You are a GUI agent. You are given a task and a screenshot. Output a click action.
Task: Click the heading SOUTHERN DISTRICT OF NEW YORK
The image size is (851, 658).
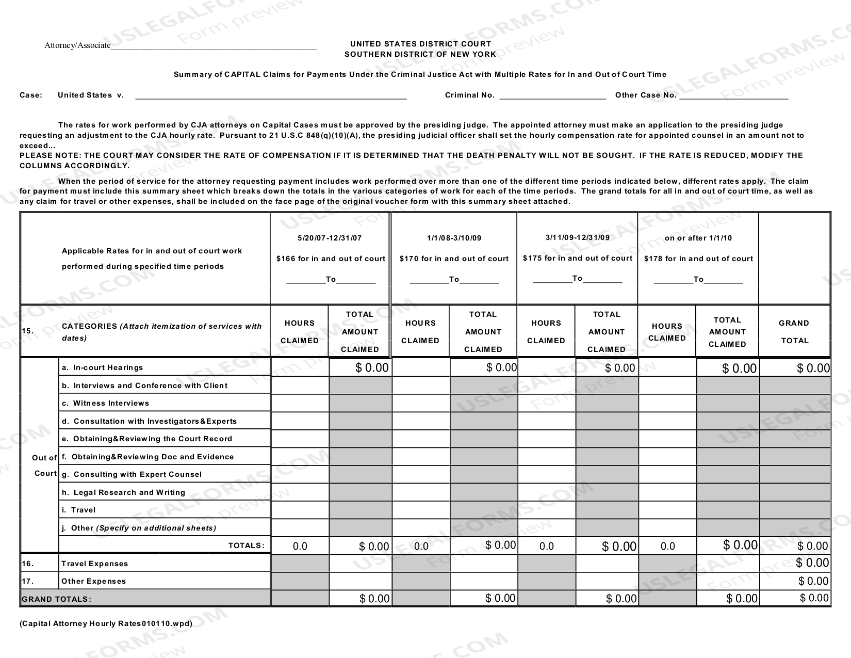tap(420, 54)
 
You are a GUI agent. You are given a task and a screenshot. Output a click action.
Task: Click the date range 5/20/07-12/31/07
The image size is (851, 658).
tap(330, 238)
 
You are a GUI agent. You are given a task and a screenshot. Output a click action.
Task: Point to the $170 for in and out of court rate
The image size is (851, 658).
tap(454, 259)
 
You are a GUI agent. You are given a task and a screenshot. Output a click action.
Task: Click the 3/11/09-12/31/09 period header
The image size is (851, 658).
tap(577, 237)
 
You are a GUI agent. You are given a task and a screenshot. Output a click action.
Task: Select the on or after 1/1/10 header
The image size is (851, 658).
tap(698, 238)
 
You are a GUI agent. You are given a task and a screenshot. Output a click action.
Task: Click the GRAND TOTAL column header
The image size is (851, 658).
tap(794, 331)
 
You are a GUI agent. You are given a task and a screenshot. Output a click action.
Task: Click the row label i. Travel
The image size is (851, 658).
tap(83, 510)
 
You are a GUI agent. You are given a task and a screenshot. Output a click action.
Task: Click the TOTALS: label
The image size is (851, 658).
tap(247, 545)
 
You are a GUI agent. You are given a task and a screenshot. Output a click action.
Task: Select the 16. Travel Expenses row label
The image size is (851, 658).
tap(94, 564)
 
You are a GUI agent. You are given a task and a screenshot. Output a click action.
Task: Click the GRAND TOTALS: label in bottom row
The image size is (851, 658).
tap(56, 599)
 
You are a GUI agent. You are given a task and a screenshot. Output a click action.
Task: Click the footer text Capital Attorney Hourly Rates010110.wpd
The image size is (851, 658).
tap(106, 623)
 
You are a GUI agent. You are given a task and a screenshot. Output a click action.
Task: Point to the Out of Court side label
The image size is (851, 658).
tap(44, 466)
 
